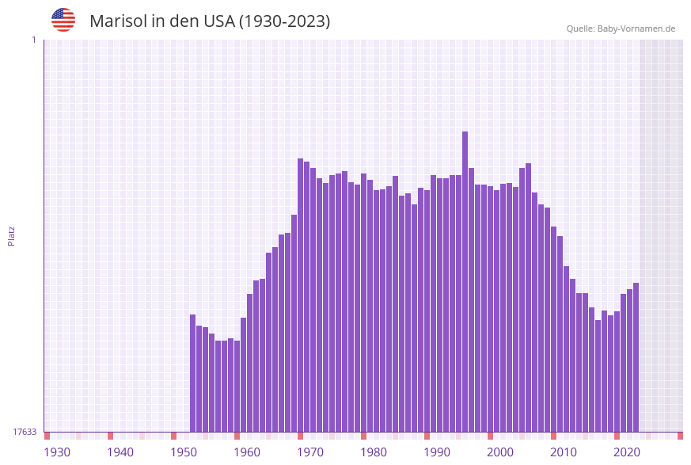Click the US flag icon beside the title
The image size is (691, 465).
pos(63,21)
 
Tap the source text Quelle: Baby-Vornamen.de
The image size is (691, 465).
pos(621,29)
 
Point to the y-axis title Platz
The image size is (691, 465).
pos(12,235)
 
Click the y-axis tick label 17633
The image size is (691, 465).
pos(25,432)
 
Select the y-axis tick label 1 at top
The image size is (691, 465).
pos(33,40)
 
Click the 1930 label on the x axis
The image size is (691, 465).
pos(57,452)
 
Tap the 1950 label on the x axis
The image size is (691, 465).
pos(184,452)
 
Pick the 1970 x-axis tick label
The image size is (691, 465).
pos(310,452)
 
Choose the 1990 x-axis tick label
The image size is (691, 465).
pos(437,452)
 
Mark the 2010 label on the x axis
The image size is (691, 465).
pos(564,452)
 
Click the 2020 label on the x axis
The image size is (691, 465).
pos(627,452)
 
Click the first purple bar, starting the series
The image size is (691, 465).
pos(193,373)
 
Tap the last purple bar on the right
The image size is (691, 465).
pos(636,357)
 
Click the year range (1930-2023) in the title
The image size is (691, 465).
pos(284,21)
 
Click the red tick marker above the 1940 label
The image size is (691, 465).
pos(111,436)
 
